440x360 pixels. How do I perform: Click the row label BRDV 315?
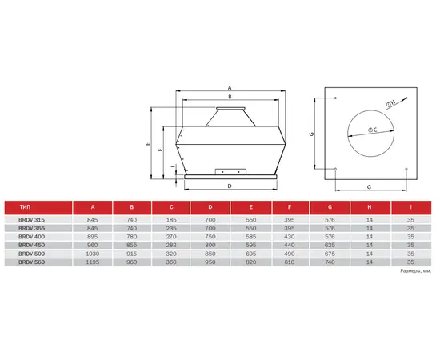(x=22, y=218)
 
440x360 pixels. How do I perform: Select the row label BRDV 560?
(x=22, y=262)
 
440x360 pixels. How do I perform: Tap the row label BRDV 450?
(x=22, y=245)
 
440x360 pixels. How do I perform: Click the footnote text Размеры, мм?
(x=415, y=271)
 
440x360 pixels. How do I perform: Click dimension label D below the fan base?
(x=230, y=185)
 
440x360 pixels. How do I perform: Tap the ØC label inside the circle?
(x=374, y=130)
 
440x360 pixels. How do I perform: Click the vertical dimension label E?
(x=147, y=143)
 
